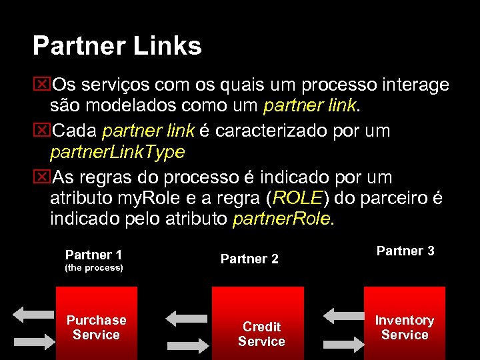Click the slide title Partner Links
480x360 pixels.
[x=117, y=47]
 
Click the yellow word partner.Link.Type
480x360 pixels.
[x=117, y=153]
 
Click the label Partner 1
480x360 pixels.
[x=93, y=255]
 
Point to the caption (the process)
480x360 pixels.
[x=93, y=268]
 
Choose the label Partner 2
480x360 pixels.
[x=249, y=259]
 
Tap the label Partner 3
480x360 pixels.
[x=405, y=251]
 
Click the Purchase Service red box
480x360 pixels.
[x=97, y=323]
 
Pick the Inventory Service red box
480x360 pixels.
[x=404, y=323]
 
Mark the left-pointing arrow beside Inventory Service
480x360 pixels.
[x=343, y=315]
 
